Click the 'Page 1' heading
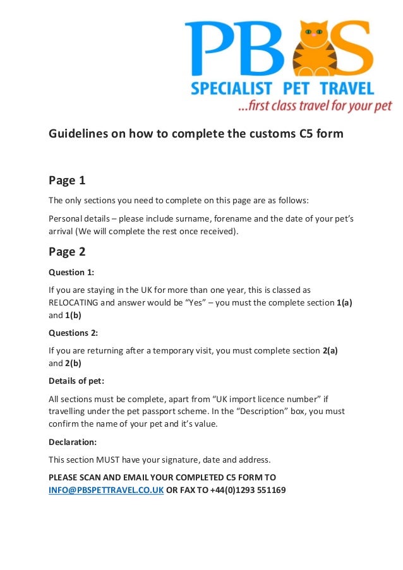pos(67,181)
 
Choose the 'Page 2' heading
pos(67,252)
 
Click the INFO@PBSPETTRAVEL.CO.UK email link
pos(106,489)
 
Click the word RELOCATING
pos(73,302)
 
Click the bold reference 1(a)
pos(344,302)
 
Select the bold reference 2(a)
pos(330,350)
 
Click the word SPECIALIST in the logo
pos(231,88)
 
